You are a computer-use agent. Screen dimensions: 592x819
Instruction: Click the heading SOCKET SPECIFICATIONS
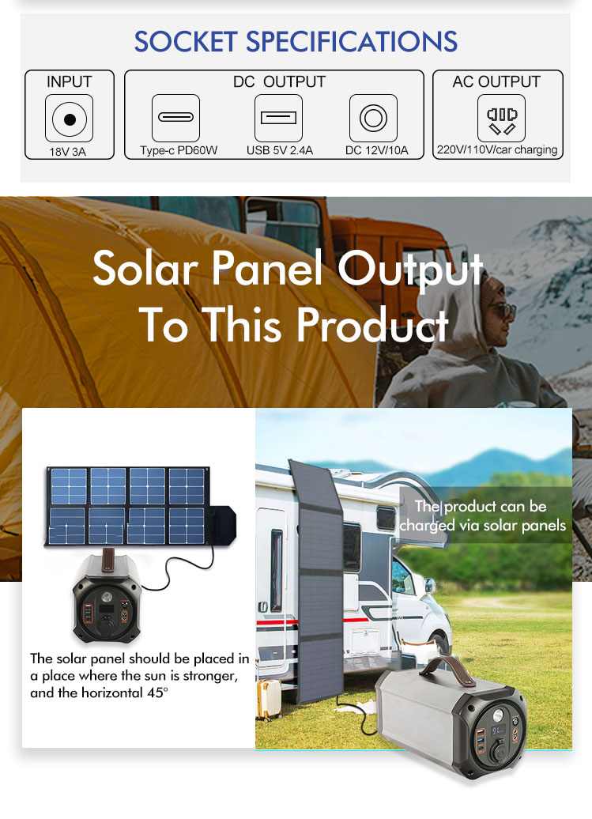point(296,42)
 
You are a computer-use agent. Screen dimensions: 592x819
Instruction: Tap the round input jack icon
point(69,119)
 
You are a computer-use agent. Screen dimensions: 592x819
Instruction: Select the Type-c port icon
point(176,118)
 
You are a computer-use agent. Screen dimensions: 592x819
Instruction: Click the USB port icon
point(278,118)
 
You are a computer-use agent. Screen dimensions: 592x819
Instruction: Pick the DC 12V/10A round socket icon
point(373,118)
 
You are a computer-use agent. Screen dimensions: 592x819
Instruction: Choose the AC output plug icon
point(501,118)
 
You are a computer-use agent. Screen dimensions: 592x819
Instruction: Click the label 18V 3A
point(67,152)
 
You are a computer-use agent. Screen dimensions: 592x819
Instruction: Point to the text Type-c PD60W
point(179,150)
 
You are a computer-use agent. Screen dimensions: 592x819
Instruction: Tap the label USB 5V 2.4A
point(280,150)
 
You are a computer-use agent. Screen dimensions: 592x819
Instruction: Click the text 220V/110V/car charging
point(497,150)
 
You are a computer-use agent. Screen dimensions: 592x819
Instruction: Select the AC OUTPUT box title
point(496,82)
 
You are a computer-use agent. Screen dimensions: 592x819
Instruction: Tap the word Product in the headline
point(373,324)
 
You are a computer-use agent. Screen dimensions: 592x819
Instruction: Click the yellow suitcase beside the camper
point(269,700)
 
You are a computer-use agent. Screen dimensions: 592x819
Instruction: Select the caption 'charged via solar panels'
point(482,525)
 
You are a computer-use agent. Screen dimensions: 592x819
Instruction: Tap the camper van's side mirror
point(430,586)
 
